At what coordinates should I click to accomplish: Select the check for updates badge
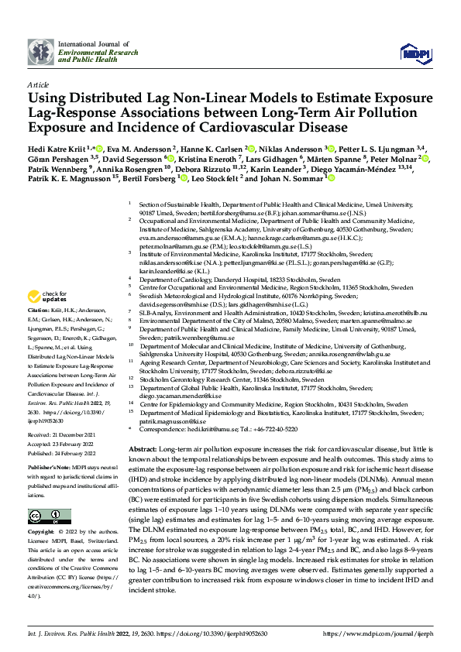coord(48,297)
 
